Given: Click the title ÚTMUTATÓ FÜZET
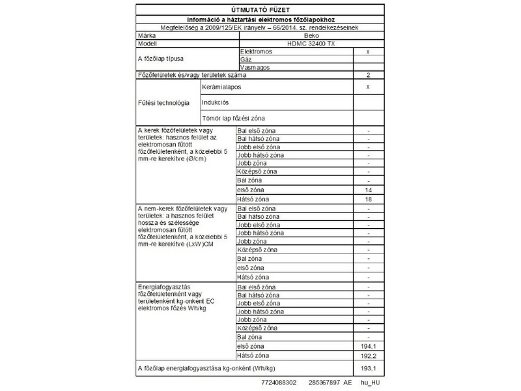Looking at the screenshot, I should click(260, 10).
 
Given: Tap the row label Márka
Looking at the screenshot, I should click(147, 35).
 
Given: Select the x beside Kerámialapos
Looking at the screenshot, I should click(369, 86).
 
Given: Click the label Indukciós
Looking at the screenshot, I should click(216, 102).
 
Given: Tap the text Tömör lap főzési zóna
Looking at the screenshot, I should click(234, 118).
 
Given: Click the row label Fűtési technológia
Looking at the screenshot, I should click(163, 102).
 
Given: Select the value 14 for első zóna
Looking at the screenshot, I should click(369, 189).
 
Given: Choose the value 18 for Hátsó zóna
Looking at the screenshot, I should click(369, 198).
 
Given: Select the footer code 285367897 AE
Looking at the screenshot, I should click(331, 383).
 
